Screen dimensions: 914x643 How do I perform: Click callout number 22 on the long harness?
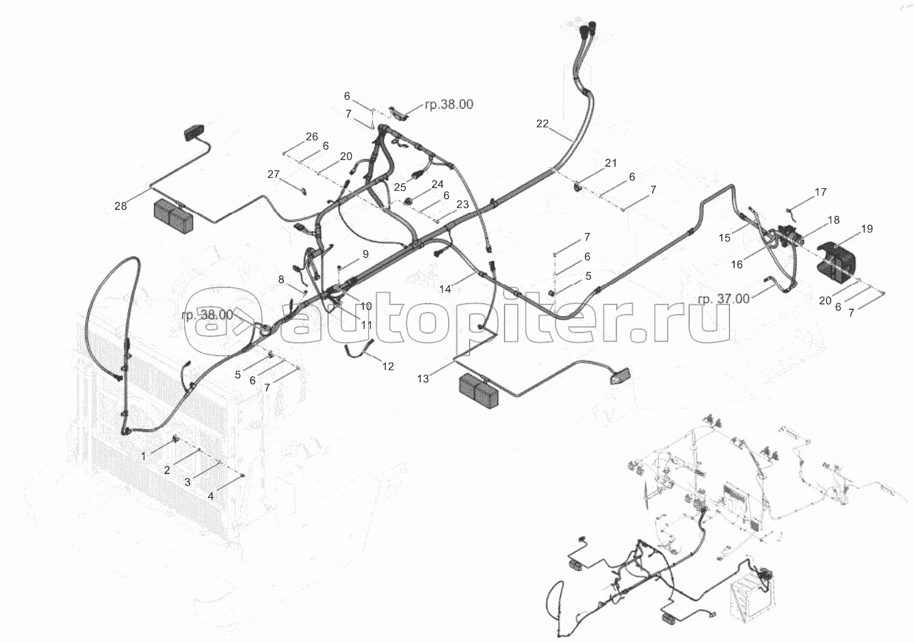click(x=543, y=124)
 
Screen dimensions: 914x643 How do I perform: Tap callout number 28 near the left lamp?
click(x=120, y=207)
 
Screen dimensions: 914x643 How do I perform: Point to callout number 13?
click(x=423, y=379)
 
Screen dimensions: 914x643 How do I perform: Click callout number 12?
click(x=388, y=367)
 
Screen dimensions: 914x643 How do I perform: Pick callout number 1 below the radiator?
click(x=143, y=456)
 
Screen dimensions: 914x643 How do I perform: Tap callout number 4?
click(x=211, y=497)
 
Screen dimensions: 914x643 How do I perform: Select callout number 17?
click(x=820, y=192)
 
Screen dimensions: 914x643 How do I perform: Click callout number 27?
click(x=274, y=174)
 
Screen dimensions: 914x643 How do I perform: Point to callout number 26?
click(x=312, y=137)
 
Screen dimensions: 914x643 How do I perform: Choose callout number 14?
click(x=445, y=289)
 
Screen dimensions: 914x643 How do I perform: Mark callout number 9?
click(x=365, y=254)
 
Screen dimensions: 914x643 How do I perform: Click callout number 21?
click(x=611, y=163)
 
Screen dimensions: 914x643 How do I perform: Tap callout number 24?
click(x=437, y=185)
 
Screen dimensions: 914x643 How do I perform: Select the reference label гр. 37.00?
click(x=723, y=300)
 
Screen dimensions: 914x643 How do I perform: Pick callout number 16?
click(x=737, y=265)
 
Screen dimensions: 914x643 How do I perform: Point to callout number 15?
click(x=724, y=238)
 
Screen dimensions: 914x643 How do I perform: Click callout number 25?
click(x=400, y=187)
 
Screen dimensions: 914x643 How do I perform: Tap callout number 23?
click(x=462, y=205)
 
